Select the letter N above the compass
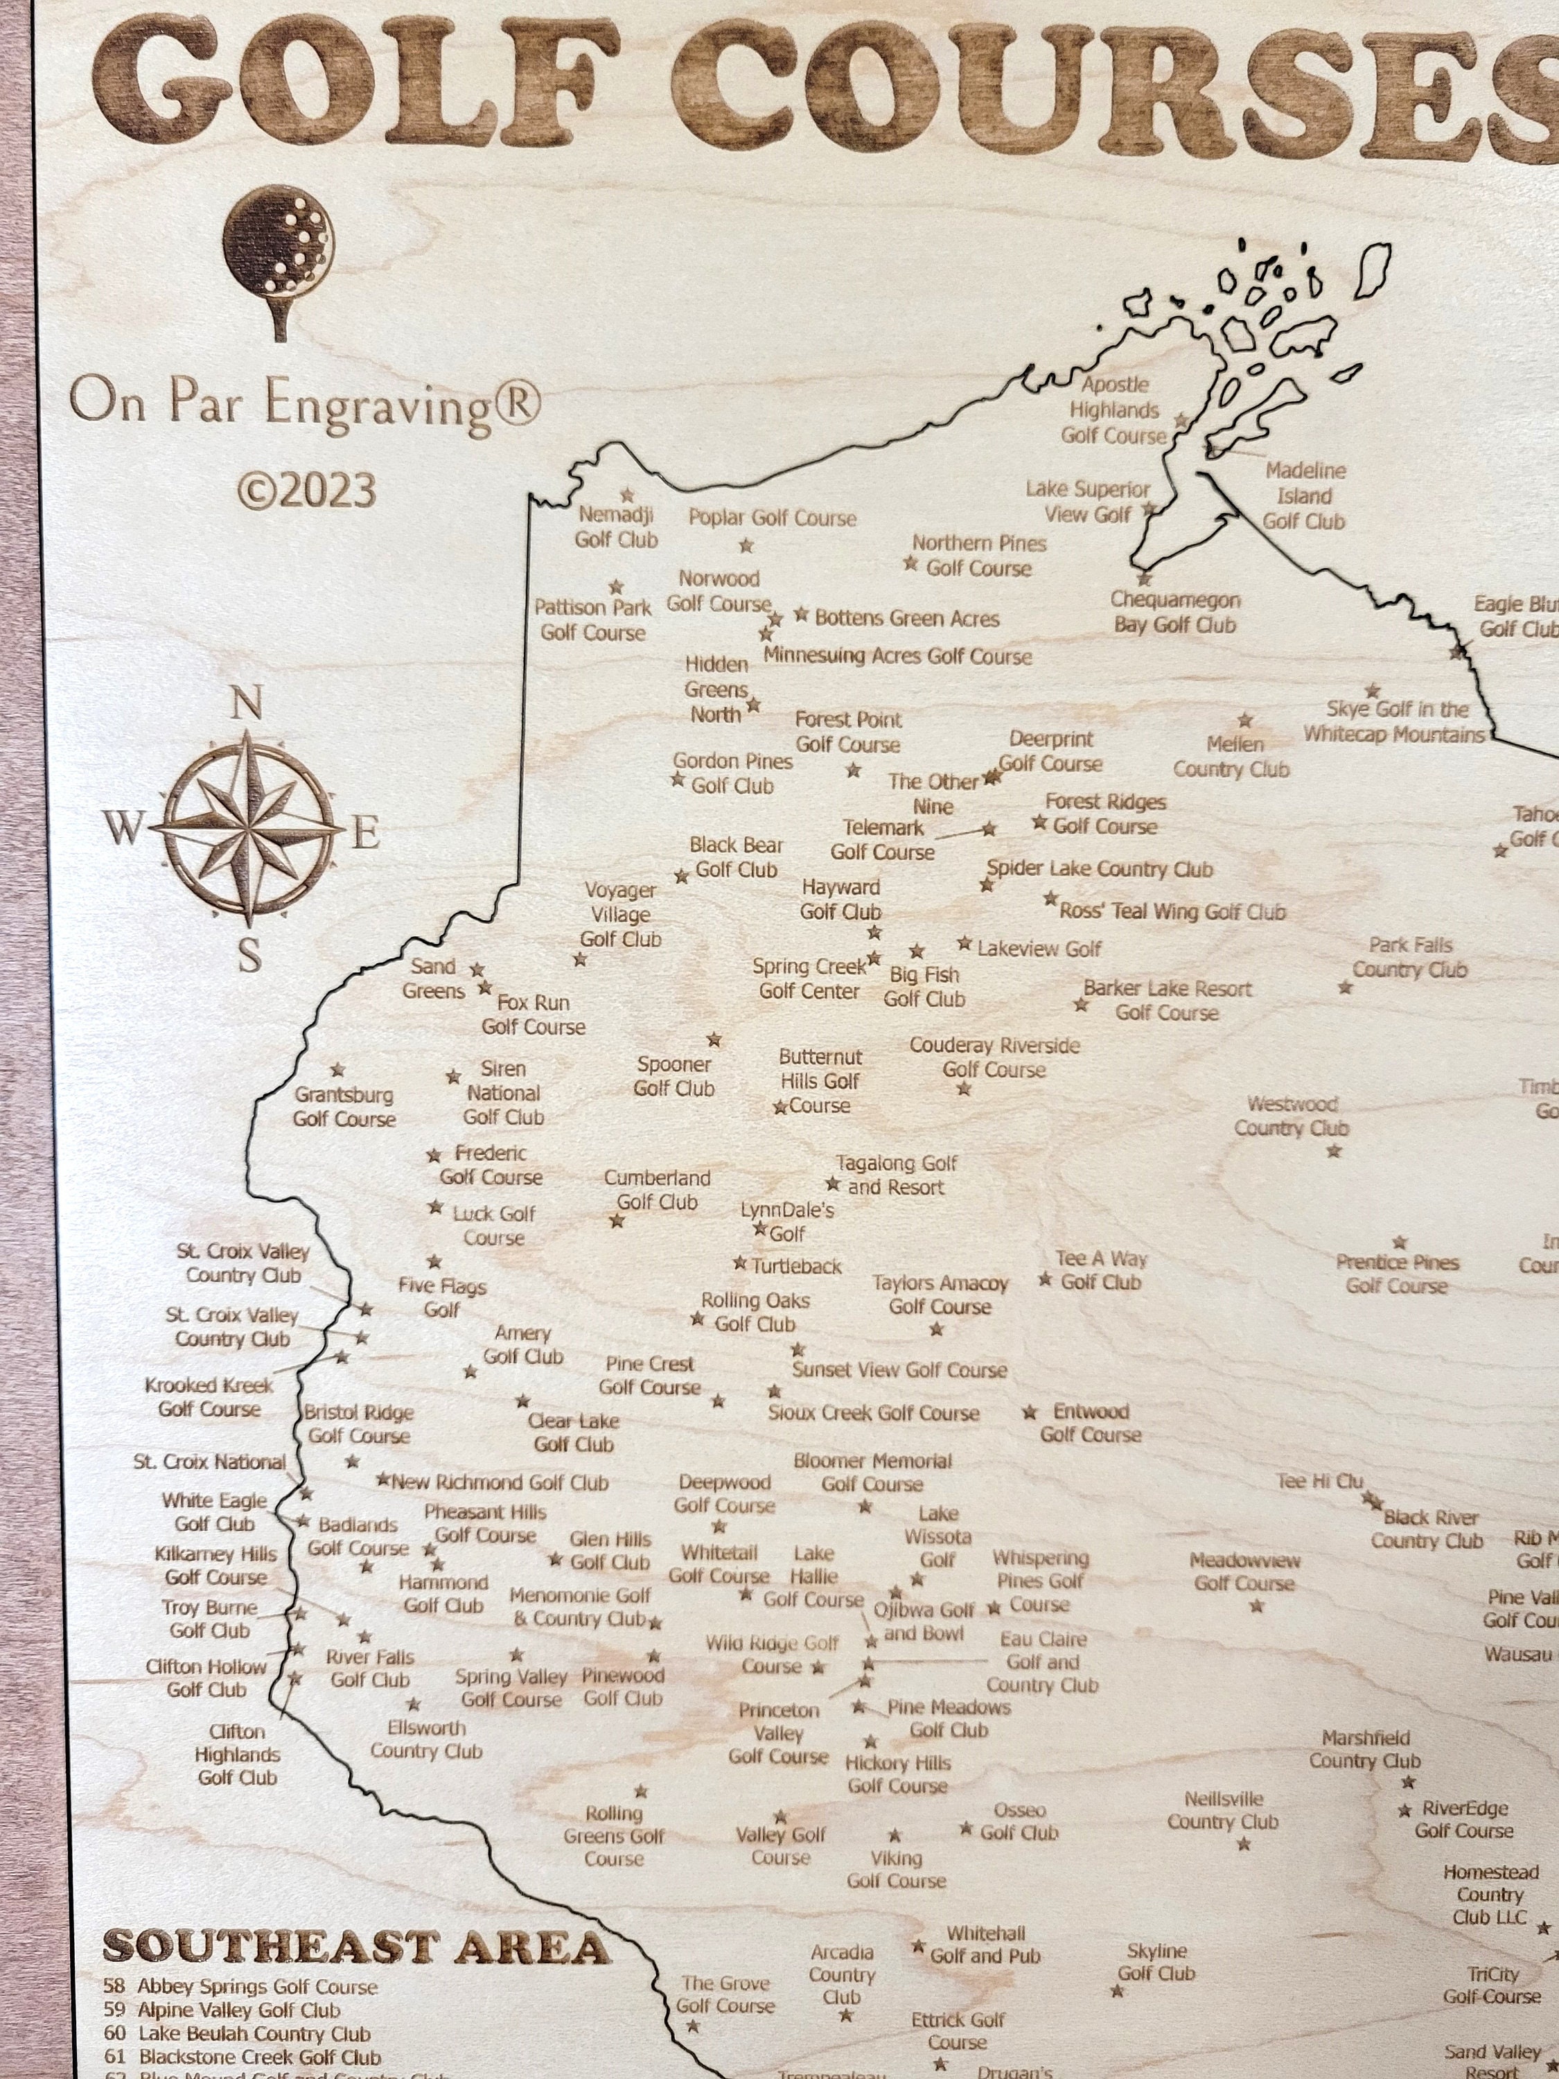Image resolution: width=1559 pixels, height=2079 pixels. click(x=246, y=704)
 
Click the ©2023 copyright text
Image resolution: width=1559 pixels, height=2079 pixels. click(x=306, y=491)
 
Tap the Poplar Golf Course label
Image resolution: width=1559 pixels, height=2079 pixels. click(x=773, y=518)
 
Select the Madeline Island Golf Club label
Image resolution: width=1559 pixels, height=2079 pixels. click(x=1304, y=495)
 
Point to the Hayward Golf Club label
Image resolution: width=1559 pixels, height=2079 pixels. click(x=841, y=900)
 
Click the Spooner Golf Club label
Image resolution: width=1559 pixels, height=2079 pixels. click(x=673, y=1076)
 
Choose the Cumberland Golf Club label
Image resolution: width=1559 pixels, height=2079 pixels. click(x=657, y=1189)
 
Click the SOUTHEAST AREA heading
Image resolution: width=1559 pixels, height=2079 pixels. click(x=356, y=1947)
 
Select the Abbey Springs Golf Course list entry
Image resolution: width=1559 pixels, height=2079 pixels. click(x=256, y=1987)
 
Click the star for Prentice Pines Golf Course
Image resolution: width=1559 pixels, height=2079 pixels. click(x=1399, y=1243)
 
